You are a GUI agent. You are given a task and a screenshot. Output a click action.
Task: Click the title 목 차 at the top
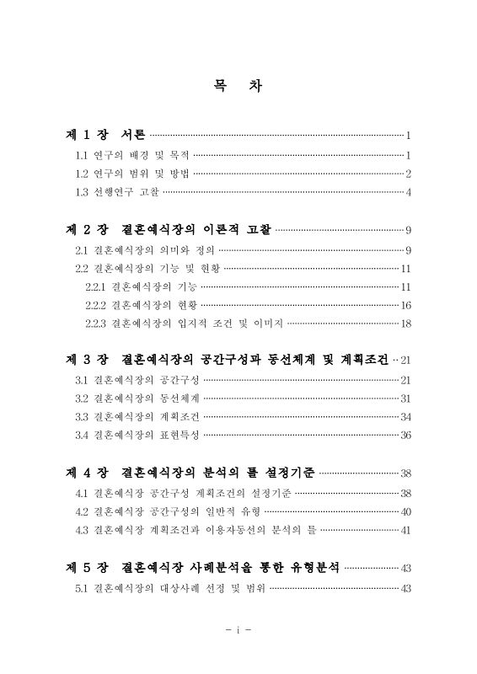(x=238, y=85)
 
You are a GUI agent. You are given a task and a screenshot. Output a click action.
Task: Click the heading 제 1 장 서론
(x=106, y=135)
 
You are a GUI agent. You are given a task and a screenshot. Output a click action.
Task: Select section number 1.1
(x=82, y=155)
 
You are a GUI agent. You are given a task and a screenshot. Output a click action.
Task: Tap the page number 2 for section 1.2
(x=408, y=174)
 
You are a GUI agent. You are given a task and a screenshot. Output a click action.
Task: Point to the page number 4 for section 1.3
(x=408, y=192)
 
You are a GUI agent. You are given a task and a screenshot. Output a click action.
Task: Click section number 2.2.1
(x=97, y=286)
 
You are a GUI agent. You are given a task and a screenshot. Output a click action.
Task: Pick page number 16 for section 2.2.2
(x=405, y=305)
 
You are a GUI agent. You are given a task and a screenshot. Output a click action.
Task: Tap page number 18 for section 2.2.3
(x=405, y=324)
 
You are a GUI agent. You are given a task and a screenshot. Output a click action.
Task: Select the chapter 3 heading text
(x=228, y=360)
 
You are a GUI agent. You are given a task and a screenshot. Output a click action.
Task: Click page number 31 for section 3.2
(x=405, y=398)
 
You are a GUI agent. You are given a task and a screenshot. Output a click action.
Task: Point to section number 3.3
(x=82, y=416)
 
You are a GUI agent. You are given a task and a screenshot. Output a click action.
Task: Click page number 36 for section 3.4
(x=405, y=435)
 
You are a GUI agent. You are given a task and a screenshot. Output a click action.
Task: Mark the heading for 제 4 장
(x=191, y=473)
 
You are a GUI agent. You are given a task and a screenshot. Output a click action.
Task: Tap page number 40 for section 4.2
(x=405, y=511)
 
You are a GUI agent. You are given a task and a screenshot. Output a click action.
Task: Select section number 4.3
(x=82, y=530)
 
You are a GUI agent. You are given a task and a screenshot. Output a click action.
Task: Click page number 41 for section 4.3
(x=405, y=530)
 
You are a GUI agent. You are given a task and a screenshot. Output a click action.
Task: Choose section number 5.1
(x=82, y=587)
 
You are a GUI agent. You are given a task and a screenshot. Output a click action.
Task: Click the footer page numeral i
(x=238, y=630)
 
